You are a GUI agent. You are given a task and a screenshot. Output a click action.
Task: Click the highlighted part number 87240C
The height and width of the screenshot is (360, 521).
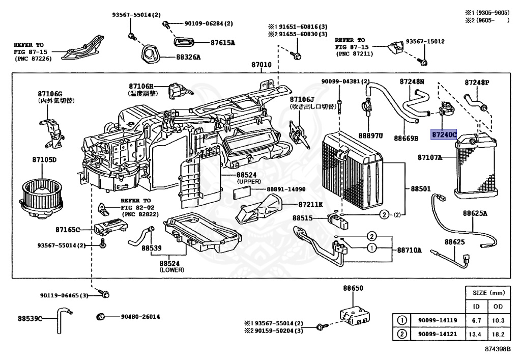pyautogui.click(x=444, y=134)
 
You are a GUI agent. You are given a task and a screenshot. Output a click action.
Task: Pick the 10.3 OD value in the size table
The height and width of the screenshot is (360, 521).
pyautogui.click(x=498, y=320)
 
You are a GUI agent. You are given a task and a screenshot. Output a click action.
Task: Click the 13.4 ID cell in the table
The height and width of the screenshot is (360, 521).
pyautogui.click(x=476, y=334)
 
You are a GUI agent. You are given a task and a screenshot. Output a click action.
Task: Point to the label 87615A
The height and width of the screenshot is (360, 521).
pyautogui.click(x=222, y=43)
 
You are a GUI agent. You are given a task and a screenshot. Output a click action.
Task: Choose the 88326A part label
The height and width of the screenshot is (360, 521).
pyautogui.click(x=189, y=57)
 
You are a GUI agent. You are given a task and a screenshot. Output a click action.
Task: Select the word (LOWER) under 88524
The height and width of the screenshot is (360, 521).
pyautogui.click(x=172, y=270)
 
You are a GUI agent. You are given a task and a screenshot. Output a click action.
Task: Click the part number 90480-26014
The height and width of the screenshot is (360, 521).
pyautogui.click(x=140, y=317)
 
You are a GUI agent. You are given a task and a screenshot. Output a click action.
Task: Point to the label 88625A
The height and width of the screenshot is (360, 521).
pyautogui.click(x=475, y=213)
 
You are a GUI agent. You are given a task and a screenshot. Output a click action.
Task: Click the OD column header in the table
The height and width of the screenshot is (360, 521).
pyautogui.click(x=498, y=307)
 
